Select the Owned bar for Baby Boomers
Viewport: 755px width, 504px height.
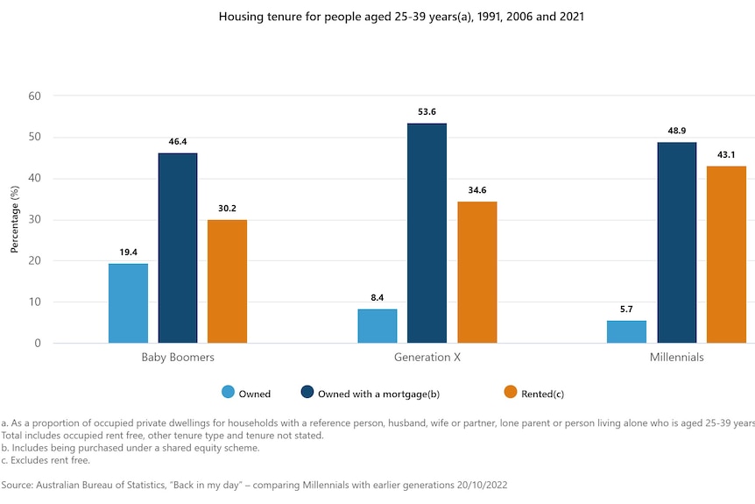(128, 303)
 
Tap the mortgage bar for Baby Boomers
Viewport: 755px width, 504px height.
(178, 248)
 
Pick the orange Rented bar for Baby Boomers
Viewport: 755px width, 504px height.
(227, 281)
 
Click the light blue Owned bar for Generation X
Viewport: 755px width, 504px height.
(377, 326)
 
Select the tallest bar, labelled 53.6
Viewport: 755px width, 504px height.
(427, 233)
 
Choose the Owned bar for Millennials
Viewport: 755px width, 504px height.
(627, 331)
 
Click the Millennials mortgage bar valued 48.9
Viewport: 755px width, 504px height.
(676, 243)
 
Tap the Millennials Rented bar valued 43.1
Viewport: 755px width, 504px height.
(726, 255)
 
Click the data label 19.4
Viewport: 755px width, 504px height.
(128, 252)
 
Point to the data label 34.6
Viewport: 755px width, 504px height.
(476, 190)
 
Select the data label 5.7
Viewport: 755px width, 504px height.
(627, 309)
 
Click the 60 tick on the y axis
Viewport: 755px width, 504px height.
(36, 96)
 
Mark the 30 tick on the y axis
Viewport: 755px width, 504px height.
(36, 219)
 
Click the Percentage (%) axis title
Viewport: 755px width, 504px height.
(15, 219)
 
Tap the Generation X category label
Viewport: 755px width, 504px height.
(427, 358)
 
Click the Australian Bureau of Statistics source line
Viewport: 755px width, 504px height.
(254, 484)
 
